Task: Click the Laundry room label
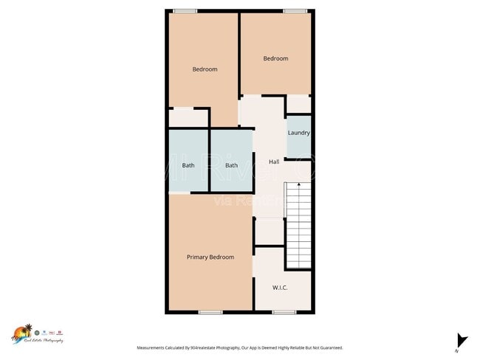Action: tap(298, 133)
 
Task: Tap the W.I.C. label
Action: tap(280, 287)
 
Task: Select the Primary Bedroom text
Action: tap(210, 257)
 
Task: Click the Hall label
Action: tap(274, 162)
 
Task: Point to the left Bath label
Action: tap(188, 165)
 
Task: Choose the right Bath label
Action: tap(232, 165)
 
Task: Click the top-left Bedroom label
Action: tap(205, 69)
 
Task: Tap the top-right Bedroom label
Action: tap(275, 58)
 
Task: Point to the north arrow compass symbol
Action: tap(462, 341)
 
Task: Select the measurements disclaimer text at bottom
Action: tap(239, 347)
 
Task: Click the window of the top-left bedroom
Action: tap(185, 10)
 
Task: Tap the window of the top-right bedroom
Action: tap(295, 10)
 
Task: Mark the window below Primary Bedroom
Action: tap(210, 312)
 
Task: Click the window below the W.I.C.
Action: tap(284, 312)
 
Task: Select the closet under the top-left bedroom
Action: tap(188, 117)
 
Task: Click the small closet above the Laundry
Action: tap(298, 104)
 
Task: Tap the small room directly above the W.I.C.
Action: tap(269, 231)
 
